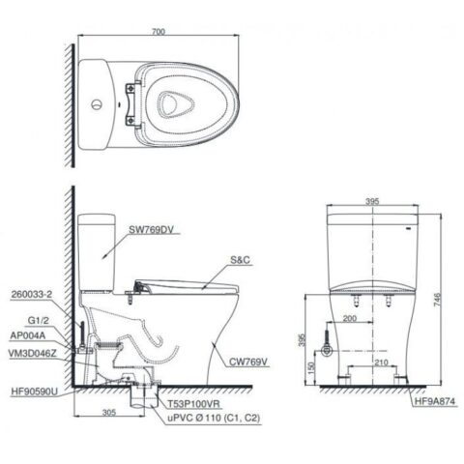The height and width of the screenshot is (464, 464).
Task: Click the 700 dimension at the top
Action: click(157, 32)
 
